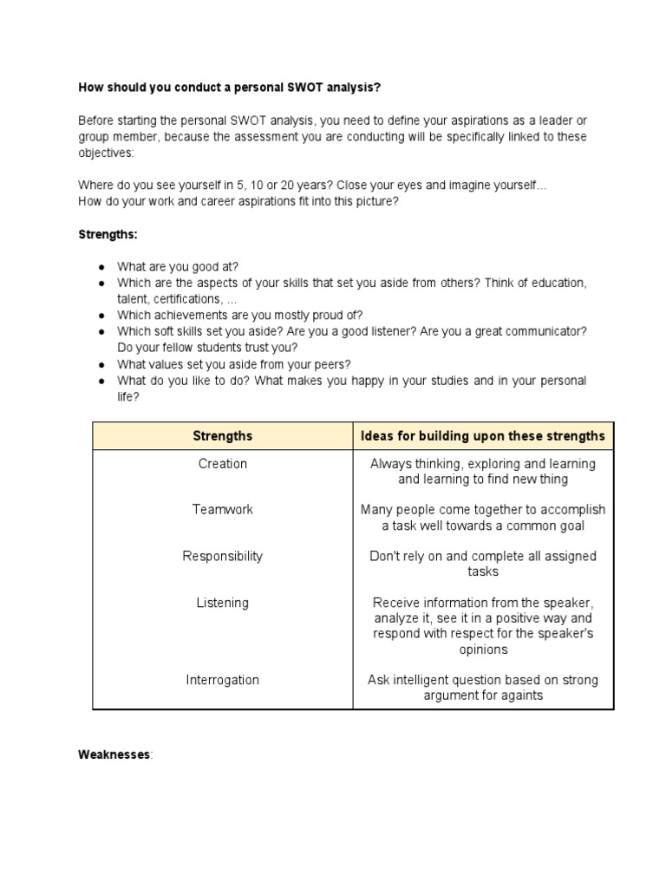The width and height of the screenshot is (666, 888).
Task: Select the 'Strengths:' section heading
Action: pos(108,234)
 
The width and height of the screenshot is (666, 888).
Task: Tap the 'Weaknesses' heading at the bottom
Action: pos(114,754)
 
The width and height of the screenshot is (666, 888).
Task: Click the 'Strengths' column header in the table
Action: pos(223,435)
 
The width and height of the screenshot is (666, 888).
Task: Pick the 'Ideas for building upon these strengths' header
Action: pos(483,435)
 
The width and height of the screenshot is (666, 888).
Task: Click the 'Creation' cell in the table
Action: pos(223,464)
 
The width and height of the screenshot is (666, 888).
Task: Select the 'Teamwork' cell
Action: pos(223,510)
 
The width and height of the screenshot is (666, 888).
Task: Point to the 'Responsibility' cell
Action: pos(223,556)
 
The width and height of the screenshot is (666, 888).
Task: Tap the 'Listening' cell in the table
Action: pos(223,603)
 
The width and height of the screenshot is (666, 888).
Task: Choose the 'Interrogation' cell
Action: pos(223,680)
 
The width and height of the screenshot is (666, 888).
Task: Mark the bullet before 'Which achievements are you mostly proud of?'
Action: pos(101,316)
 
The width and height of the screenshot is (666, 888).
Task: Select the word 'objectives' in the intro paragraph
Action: pos(106,153)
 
